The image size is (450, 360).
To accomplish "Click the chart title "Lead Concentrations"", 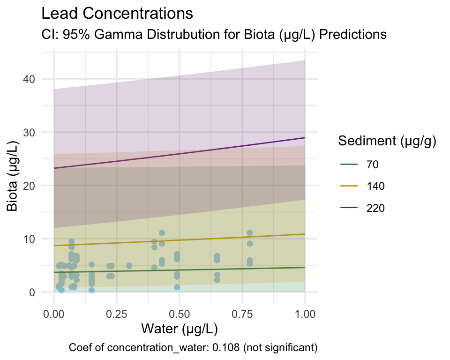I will (117, 14).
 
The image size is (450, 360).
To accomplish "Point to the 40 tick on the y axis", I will (29, 79).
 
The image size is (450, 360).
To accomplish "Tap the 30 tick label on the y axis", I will (29, 132).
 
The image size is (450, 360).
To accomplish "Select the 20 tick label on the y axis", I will (29, 186).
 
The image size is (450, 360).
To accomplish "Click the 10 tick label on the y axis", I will (29, 239).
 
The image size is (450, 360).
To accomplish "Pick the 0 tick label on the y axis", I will (32, 292).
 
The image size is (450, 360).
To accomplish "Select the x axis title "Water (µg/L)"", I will (180, 330).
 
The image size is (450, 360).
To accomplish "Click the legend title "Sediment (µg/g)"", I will (388, 141).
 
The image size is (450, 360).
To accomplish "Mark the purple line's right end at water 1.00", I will (305, 138).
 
